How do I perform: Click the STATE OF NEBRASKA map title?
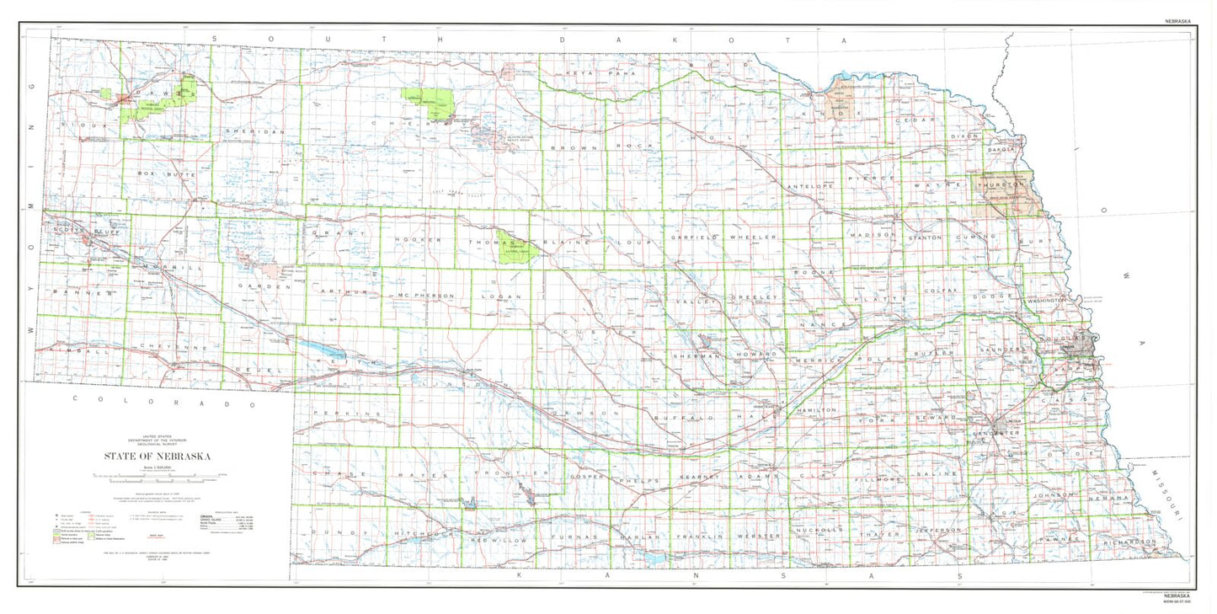pyautogui.click(x=157, y=456)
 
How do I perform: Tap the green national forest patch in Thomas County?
pyautogui.click(x=511, y=246)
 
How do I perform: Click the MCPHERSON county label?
pyautogui.click(x=421, y=296)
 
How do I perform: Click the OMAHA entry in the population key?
pyautogui.click(x=206, y=515)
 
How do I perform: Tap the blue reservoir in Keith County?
pyautogui.click(x=323, y=350)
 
